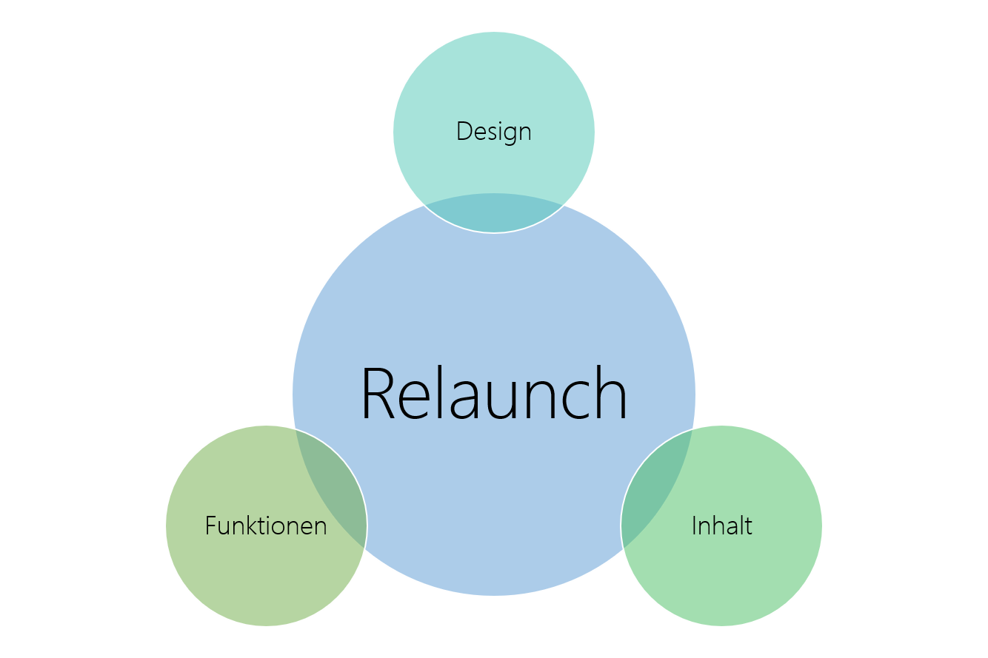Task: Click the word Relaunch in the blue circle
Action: pos(494,394)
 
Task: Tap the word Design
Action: pos(493,132)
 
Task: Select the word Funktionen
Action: pos(266,526)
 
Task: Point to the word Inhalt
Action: pos(721,526)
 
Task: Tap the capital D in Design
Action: pos(464,132)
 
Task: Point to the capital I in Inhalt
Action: pos(694,526)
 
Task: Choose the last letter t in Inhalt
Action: pos(748,526)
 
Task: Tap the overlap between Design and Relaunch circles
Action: pos(494,213)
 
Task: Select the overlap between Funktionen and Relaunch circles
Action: pos(330,489)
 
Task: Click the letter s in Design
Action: pos(491,133)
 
